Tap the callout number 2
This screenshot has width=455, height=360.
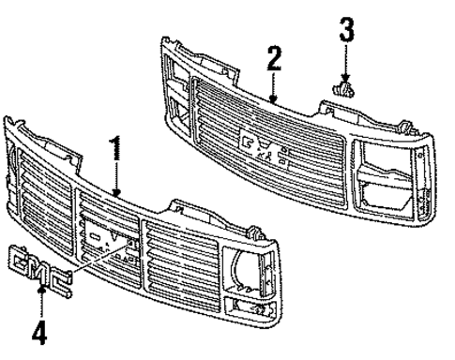[x=273, y=61]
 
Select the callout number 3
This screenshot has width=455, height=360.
[x=346, y=30]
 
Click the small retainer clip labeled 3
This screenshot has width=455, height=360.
[x=345, y=90]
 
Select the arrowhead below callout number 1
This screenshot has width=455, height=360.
[x=116, y=191]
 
